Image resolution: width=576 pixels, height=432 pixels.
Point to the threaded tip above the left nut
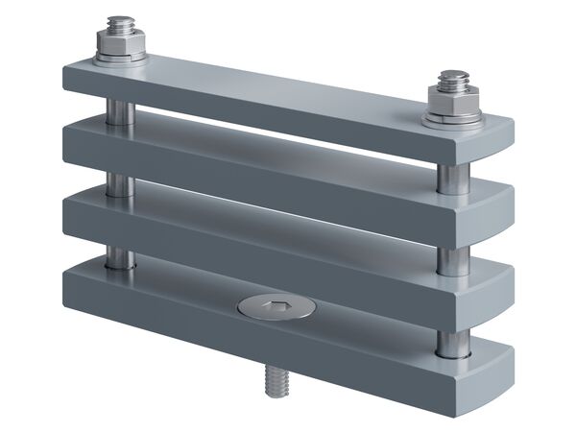[121, 22]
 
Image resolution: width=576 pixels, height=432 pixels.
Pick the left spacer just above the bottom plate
[118, 256]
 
